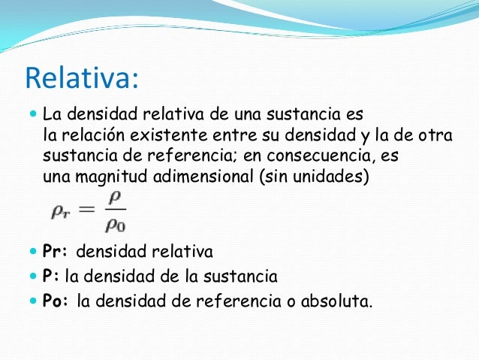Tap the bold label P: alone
(x=51, y=277)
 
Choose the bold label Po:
(x=56, y=301)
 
